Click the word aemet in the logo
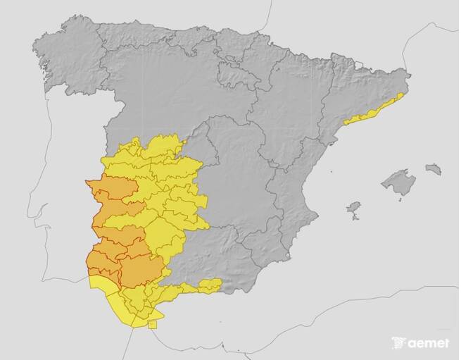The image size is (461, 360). point(428,344)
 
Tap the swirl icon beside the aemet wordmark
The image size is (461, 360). point(398,343)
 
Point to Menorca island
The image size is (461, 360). point(434,169)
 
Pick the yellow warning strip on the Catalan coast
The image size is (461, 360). point(373,109)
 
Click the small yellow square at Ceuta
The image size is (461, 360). point(153,324)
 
